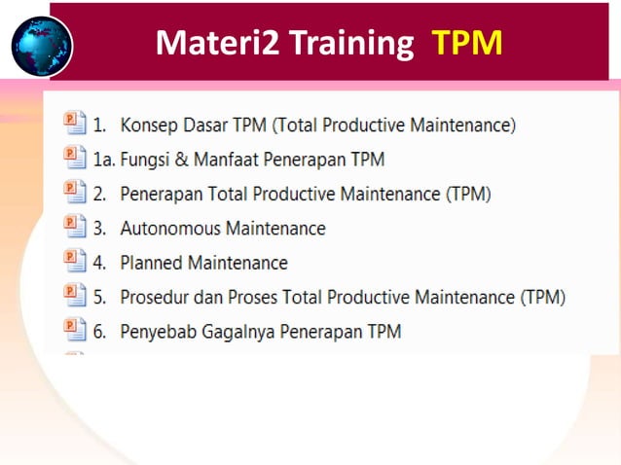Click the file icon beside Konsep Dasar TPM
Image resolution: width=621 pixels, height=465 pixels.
tap(74, 123)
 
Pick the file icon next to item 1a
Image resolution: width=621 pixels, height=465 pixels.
tap(74, 158)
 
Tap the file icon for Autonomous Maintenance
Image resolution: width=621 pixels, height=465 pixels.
tap(74, 228)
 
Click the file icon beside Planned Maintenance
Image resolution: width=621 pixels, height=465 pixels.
tap(74, 262)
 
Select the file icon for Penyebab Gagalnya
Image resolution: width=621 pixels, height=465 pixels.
tap(74, 330)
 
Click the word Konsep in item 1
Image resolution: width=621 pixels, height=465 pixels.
tap(150, 125)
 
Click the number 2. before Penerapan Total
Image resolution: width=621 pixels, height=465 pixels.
tap(100, 194)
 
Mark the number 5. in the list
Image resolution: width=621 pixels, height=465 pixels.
tap(100, 297)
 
